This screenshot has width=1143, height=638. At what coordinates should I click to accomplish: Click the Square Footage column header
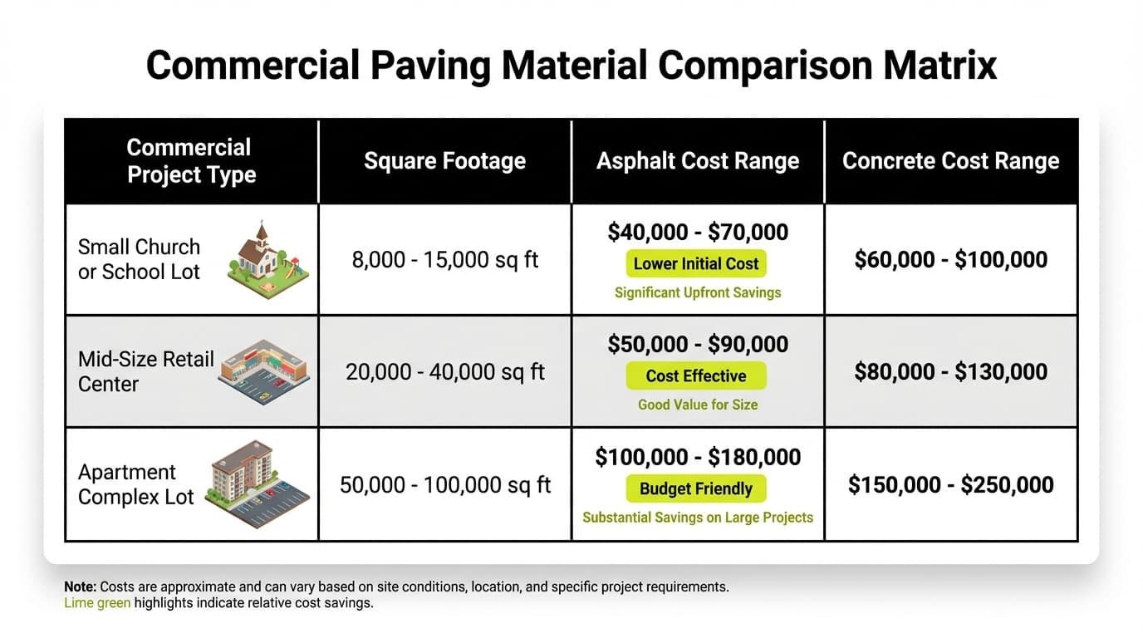pyautogui.click(x=444, y=160)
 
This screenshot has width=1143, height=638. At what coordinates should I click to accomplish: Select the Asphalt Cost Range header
pyautogui.click(x=698, y=160)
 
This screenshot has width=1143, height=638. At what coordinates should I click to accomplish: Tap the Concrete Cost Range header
pyautogui.click(x=951, y=160)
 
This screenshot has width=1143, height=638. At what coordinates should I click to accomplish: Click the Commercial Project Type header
pyautogui.click(x=190, y=160)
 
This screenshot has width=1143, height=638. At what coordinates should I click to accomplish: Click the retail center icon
pyautogui.click(x=263, y=371)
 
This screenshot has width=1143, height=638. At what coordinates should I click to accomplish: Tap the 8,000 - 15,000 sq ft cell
pyautogui.click(x=444, y=259)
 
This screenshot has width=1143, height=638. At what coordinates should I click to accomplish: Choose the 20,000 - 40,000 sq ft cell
pyautogui.click(x=444, y=371)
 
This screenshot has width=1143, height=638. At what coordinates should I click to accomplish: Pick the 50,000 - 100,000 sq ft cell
pyautogui.click(x=444, y=484)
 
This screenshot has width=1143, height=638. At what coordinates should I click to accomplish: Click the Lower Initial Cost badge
pyautogui.click(x=696, y=264)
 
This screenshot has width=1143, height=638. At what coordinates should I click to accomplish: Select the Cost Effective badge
pyautogui.click(x=696, y=376)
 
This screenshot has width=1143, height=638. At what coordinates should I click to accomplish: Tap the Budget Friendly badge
pyautogui.click(x=696, y=488)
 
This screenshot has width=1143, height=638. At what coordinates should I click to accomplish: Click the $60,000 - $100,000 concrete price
pyautogui.click(x=951, y=259)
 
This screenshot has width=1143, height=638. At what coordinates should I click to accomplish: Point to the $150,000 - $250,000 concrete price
pyautogui.click(x=951, y=484)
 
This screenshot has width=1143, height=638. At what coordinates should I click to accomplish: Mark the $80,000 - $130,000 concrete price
pyautogui.click(x=951, y=371)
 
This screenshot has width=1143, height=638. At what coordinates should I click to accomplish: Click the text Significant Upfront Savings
pyautogui.click(x=698, y=292)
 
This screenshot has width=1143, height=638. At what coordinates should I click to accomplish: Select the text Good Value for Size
pyautogui.click(x=698, y=405)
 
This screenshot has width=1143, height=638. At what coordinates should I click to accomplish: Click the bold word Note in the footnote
pyautogui.click(x=80, y=586)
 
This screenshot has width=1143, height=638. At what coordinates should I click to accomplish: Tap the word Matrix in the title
pyautogui.click(x=937, y=65)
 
